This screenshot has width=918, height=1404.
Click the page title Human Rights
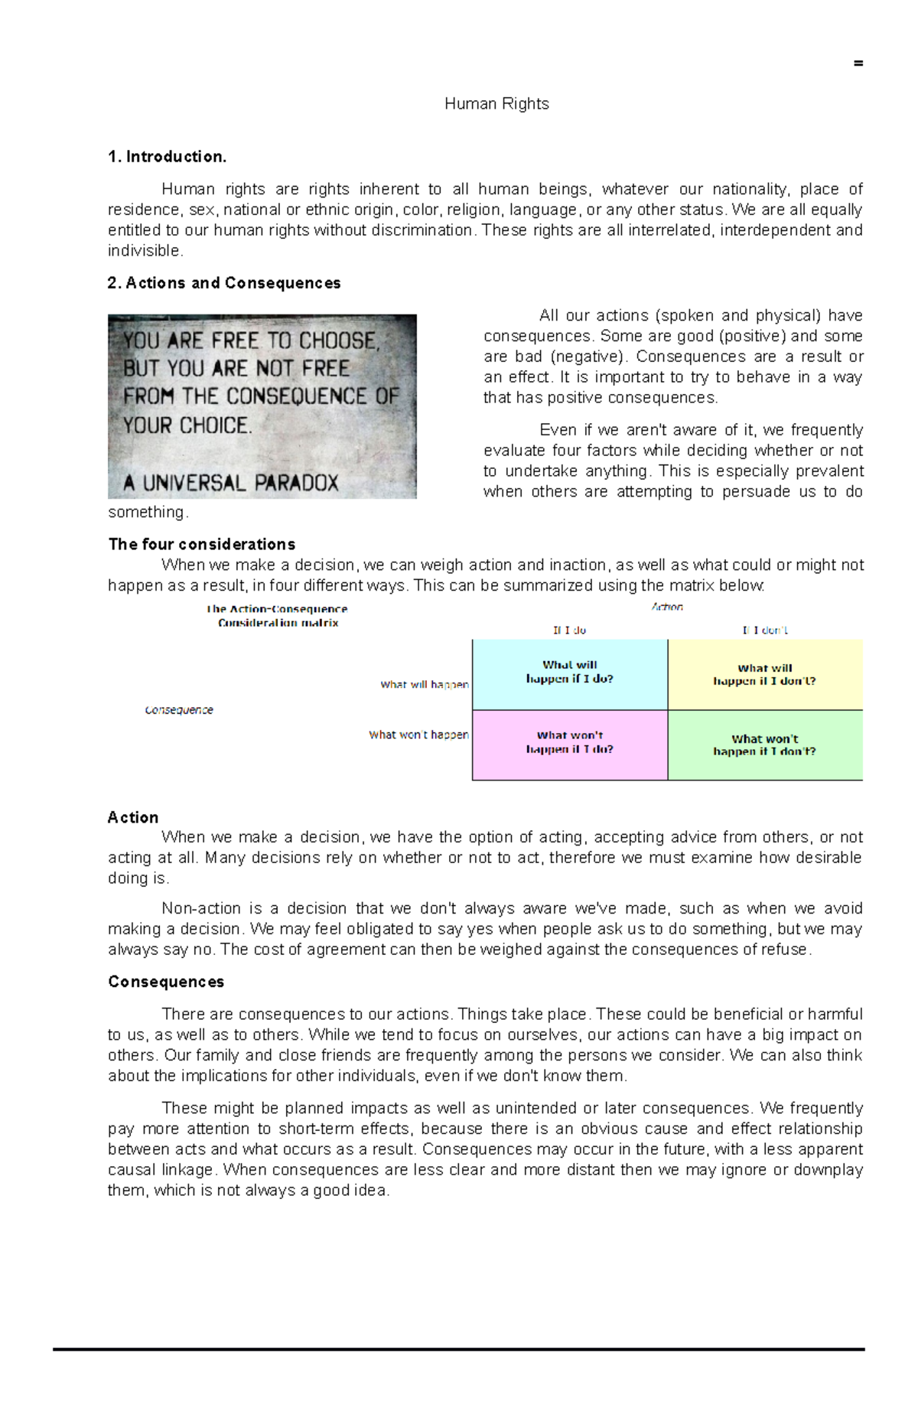point(496,104)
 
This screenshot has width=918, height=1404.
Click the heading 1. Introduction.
point(167,157)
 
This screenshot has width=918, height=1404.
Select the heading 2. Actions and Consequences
point(223,283)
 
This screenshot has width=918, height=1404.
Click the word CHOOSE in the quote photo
point(338,340)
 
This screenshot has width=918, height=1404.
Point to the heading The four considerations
point(201,544)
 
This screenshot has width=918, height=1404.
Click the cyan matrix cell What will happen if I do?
point(569,673)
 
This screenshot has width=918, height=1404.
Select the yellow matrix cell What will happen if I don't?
point(764,675)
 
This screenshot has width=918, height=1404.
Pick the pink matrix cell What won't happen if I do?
point(569,743)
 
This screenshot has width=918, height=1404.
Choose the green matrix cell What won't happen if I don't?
point(764,745)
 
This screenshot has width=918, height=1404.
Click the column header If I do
point(569,630)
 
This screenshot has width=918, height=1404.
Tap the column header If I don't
point(764,630)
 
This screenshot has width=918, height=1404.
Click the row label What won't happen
point(418,735)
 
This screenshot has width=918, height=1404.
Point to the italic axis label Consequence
point(179,710)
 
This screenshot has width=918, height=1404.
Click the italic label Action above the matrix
point(667,607)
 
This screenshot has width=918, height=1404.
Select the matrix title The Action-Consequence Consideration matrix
point(278,616)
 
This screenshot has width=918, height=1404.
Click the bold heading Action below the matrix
point(133,817)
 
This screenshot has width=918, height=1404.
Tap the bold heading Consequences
point(166,982)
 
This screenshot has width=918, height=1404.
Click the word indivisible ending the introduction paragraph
point(145,251)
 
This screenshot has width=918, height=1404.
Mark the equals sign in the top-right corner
point(858,64)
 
